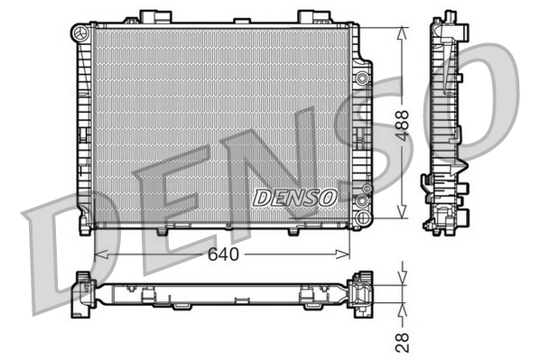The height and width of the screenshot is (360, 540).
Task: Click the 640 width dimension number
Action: coord(223,255)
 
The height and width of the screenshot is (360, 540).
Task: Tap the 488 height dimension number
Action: coord(403,123)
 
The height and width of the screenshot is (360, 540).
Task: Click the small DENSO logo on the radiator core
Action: coord(294,196)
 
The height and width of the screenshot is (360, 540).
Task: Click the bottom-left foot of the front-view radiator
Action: coord(85,229)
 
